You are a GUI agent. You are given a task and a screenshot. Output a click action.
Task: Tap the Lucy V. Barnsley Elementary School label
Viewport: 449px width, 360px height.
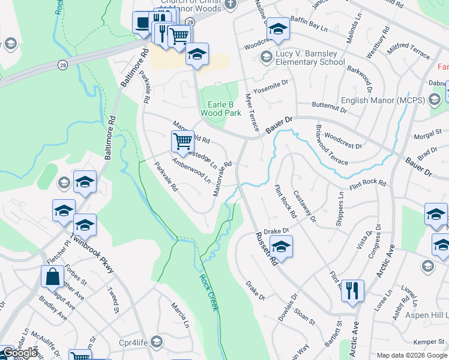point(310,58)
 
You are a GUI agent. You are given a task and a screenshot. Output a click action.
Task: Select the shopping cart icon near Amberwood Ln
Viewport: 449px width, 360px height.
point(182,142)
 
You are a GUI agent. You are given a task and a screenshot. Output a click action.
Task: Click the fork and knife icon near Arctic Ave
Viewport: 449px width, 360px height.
point(352,291)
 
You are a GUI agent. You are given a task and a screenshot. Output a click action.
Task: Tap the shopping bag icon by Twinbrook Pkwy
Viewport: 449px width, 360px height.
point(52,277)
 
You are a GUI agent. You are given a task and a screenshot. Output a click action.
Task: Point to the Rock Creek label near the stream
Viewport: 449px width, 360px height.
point(207,292)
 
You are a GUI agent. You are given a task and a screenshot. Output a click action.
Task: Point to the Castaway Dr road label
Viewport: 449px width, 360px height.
point(305,205)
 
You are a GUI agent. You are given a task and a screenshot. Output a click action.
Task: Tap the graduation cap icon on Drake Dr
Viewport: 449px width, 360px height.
point(281,246)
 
